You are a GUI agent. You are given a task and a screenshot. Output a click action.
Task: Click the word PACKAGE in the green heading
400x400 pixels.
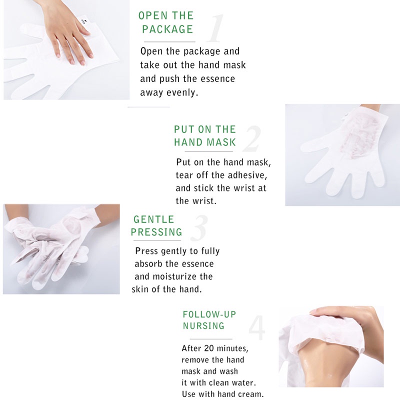167,29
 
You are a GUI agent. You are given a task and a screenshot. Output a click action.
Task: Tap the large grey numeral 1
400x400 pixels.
215,28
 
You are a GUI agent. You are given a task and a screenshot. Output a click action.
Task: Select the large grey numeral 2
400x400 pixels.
252,138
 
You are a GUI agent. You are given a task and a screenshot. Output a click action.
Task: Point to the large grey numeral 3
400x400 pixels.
199,228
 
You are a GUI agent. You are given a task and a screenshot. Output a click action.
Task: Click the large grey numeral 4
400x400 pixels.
257,328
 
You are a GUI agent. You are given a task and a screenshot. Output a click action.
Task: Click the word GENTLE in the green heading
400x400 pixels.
153,219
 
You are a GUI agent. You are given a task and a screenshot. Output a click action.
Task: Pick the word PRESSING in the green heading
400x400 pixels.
156,232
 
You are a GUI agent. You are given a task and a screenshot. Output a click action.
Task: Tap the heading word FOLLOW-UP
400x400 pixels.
209,314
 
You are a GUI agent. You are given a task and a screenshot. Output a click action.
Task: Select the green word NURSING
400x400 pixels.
203,326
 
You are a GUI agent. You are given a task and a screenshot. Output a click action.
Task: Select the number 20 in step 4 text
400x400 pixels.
209,348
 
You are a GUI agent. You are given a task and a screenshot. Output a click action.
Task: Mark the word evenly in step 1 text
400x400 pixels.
182,92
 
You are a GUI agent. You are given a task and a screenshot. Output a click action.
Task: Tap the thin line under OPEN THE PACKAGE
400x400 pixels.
169,41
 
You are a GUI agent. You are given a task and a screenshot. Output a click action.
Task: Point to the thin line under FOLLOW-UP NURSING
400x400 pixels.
211,339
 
